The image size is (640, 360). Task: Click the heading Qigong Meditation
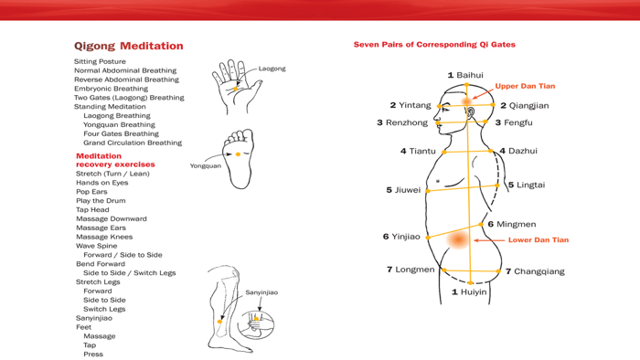(x=128, y=46)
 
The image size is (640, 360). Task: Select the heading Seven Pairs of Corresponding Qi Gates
(x=433, y=44)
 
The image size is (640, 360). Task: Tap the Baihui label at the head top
(x=465, y=75)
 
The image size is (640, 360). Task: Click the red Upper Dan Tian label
(x=525, y=86)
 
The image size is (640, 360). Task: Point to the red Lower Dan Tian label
(x=538, y=240)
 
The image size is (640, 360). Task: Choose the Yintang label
(x=411, y=105)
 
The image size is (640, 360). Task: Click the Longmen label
(x=411, y=270)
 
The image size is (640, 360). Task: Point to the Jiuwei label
(x=403, y=190)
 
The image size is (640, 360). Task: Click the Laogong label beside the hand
(x=272, y=69)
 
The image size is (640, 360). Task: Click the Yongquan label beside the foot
(x=206, y=166)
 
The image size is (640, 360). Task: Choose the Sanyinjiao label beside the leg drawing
(x=261, y=292)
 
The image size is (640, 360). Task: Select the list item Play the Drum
(x=101, y=201)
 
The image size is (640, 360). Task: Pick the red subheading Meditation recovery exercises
(x=115, y=160)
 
